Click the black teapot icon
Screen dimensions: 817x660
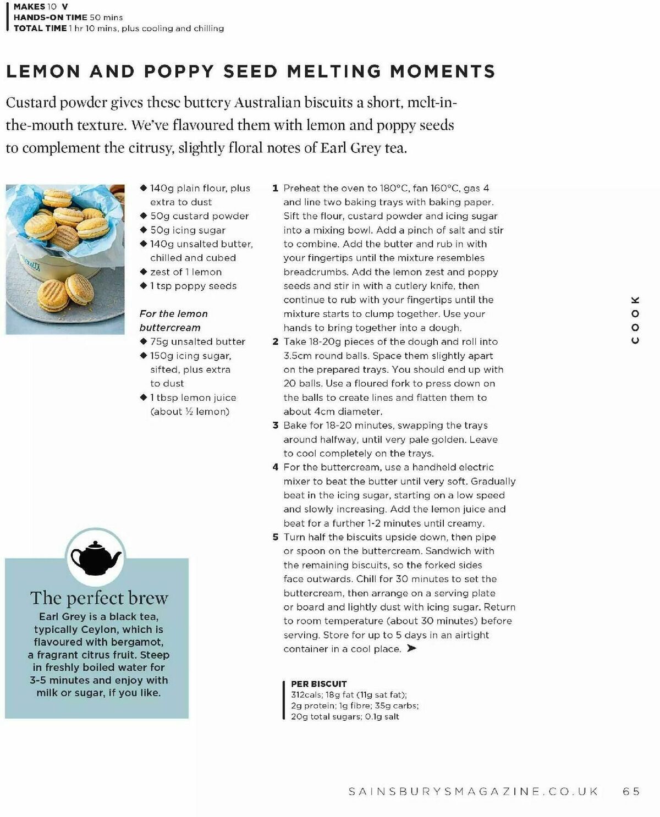pyautogui.click(x=96, y=557)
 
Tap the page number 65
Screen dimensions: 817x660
pyautogui.click(x=631, y=791)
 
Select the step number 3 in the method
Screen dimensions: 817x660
pyautogui.click(x=276, y=426)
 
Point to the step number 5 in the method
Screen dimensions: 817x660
pyautogui.click(x=276, y=537)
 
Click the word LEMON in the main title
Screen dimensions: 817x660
pyautogui.click(x=43, y=71)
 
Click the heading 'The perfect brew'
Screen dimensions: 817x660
pyautogui.click(x=99, y=598)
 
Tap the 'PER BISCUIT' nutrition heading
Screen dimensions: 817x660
pyautogui.click(x=318, y=684)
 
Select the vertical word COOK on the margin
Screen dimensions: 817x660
pyautogui.click(x=635, y=320)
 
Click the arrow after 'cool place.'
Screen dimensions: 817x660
pyautogui.click(x=411, y=649)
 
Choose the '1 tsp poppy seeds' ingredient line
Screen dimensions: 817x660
pyautogui.click(x=193, y=286)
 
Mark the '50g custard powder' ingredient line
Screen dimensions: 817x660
pyautogui.click(x=199, y=216)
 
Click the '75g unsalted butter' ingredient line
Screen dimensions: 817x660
pyautogui.click(x=197, y=341)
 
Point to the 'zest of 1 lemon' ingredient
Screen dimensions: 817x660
pyautogui.click(x=185, y=272)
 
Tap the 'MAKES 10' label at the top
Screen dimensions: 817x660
pyautogui.click(x=35, y=7)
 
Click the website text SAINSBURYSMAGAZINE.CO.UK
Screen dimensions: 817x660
pyautogui.click(x=474, y=791)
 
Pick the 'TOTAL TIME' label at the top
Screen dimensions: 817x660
pyautogui.click(x=40, y=28)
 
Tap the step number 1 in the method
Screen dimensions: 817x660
pyautogui.click(x=276, y=188)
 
